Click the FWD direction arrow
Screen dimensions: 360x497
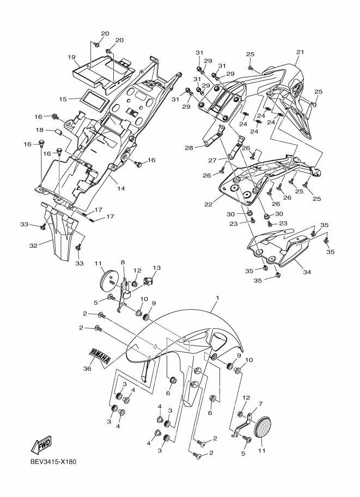(41, 446)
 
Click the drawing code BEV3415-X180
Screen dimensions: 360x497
(53, 462)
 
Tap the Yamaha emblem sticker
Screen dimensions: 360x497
(99, 356)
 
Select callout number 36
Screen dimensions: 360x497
(87, 369)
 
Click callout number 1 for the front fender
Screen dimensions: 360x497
(218, 298)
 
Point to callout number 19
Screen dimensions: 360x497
(71, 57)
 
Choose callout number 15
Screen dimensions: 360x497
(63, 99)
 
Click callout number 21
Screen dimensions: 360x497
(300, 52)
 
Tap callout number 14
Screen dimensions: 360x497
(121, 188)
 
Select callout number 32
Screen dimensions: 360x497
(33, 246)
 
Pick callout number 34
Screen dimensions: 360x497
(307, 272)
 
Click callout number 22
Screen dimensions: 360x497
(208, 205)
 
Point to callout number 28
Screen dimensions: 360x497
(189, 148)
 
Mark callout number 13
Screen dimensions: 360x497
(157, 268)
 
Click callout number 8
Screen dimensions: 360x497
(123, 262)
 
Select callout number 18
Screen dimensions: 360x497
(39, 130)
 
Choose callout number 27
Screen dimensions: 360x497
(212, 161)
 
